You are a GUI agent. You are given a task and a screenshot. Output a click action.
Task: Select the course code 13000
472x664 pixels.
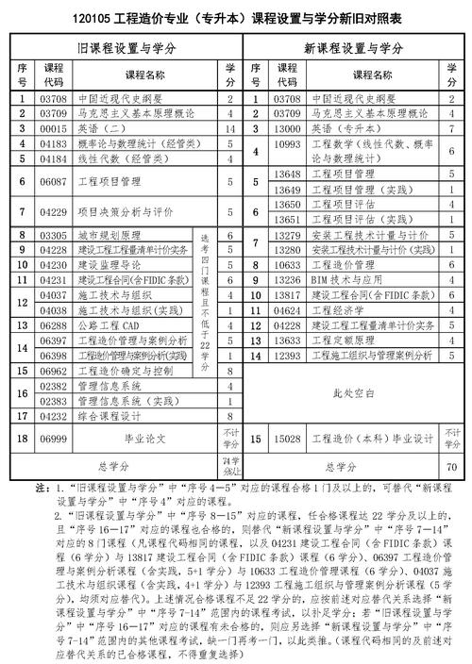click(x=285, y=126)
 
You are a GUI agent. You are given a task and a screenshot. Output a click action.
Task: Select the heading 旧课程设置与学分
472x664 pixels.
click(x=127, y=47)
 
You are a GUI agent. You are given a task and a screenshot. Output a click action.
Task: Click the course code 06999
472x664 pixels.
click(x=54, y=439)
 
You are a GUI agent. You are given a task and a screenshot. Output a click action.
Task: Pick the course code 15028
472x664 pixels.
click(x=285, y=439)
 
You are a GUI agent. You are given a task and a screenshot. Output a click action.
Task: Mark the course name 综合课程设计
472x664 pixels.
click(x=108, y=415)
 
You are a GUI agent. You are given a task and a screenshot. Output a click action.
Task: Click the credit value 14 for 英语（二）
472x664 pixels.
click(x=229, y=126)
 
